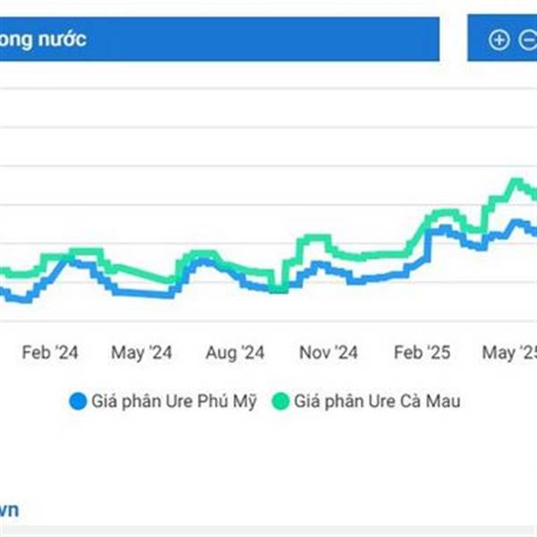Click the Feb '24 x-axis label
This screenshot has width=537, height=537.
[50, 353]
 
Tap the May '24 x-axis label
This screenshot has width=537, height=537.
[141, 353]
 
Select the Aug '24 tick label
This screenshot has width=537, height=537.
[234, 353]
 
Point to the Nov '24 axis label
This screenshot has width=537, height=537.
[328, 353]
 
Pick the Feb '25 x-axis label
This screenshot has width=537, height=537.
[422, 353]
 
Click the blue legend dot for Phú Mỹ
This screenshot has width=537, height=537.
[78, 402]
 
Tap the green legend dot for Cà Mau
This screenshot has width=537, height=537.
[280, 402]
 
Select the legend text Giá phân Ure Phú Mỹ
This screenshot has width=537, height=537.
[174, 402]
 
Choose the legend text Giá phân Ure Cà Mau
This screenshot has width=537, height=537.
[377, 402]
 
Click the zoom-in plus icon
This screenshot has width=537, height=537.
[499, 39]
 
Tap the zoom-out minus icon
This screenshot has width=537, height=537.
[529, 39]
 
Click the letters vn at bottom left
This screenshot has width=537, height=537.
[8, 510]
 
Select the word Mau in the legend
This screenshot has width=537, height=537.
[443, 402]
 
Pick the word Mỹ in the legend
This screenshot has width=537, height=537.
[244, 402]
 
